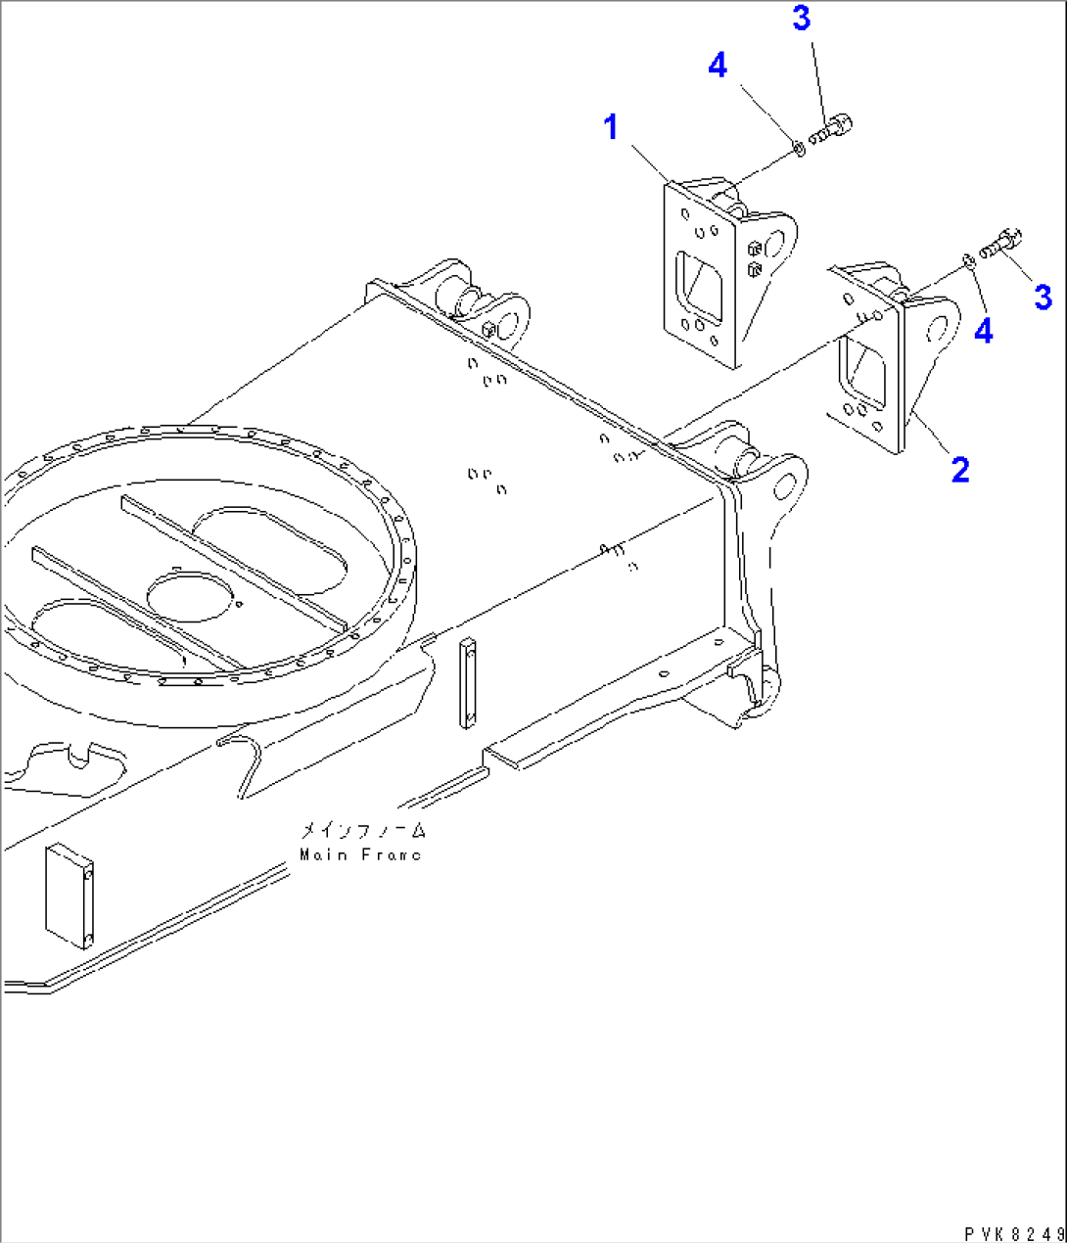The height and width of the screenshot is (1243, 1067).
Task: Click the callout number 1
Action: click(x=612, y=127)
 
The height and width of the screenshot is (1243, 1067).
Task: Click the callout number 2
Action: click(x=960, y=470)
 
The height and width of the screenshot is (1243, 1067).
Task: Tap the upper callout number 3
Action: click(x=802, y=18)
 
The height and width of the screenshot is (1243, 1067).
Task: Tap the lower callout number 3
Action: click(x=1044, y=297)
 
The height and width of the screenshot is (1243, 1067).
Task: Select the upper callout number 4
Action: click(x=718, y=66)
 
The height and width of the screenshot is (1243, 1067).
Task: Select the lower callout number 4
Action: click(x=983, y=331)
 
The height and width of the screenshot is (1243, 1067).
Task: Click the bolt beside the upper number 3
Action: click(x=832, y=126)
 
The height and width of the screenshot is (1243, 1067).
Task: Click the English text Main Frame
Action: click(x=360, y=854)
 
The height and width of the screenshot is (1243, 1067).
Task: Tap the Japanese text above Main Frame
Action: click(x=363, y=831)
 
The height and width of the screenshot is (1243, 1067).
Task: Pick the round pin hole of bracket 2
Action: click(x=941, y=325)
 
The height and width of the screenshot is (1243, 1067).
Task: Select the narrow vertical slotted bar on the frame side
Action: click(x=468, y=683)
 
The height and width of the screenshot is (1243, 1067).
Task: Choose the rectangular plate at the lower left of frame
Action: click(x=69, y=898)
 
